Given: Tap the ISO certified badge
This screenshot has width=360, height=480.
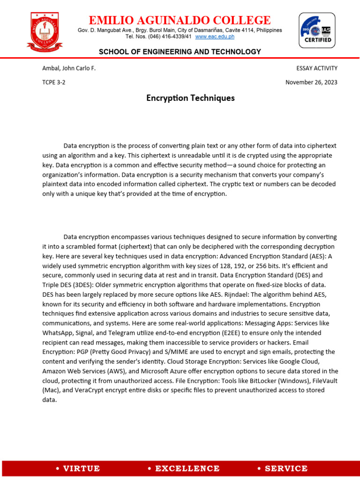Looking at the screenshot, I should [x=317, y=30].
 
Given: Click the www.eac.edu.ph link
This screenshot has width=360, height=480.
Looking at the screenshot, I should [x=215, y=37].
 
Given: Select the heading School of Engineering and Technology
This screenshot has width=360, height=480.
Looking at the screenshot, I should [x=180, y=52].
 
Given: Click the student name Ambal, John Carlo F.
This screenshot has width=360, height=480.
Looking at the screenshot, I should [x=69, y=68].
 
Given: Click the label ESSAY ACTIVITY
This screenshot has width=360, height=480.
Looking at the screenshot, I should [x=317, y=68].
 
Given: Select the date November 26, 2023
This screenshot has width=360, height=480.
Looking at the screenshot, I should [x=311, y=82].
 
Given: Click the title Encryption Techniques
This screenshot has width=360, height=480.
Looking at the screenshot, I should [x=190, y=98].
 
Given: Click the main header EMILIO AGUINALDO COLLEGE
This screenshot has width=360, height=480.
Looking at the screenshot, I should [x=180, y=20].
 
